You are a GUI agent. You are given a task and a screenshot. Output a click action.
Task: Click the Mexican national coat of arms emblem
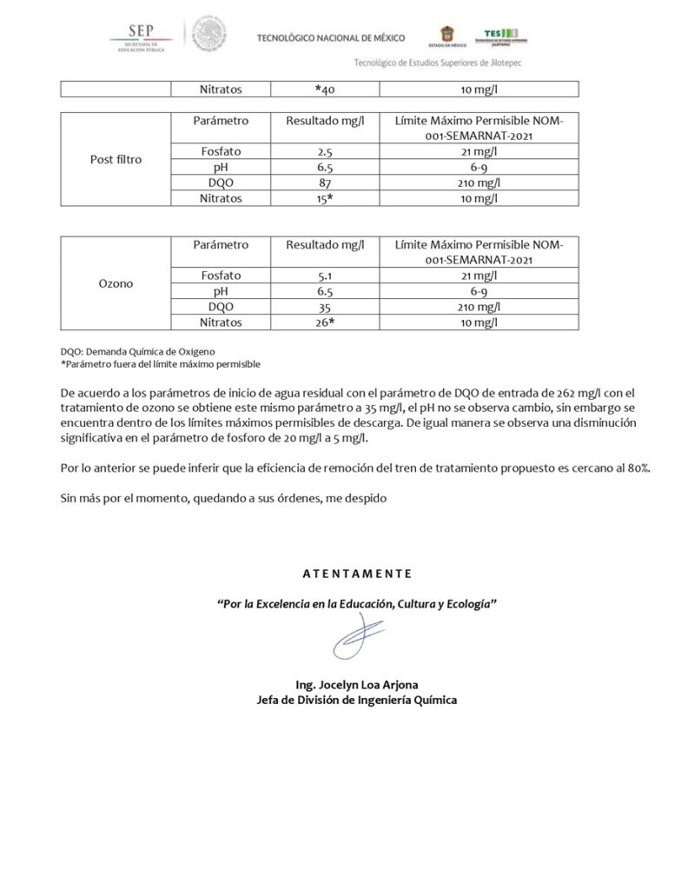[208, 36]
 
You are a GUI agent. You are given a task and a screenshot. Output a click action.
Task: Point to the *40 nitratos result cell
[325, 89]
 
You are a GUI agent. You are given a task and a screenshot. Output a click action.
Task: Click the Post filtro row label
[116, 160]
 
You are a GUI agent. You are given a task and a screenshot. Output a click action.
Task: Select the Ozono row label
[116, 283]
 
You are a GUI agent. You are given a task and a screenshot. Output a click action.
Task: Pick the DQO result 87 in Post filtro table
[325, 182]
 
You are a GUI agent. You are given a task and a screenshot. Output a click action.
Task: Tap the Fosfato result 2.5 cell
[325, 151]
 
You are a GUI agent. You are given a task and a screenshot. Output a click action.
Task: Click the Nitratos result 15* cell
[325, 197]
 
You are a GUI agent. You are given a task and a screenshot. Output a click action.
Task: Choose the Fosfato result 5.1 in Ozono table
[325, 275]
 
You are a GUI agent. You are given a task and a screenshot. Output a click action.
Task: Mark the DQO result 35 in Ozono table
[325, 306]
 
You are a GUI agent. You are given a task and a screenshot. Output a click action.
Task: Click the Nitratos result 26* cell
[325, 322]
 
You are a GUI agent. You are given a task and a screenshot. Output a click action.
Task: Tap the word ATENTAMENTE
[356, 574]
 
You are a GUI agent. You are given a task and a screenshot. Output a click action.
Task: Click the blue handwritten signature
[357, 639]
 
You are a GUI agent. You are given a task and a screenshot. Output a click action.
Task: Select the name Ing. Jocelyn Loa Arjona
[356, 684]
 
